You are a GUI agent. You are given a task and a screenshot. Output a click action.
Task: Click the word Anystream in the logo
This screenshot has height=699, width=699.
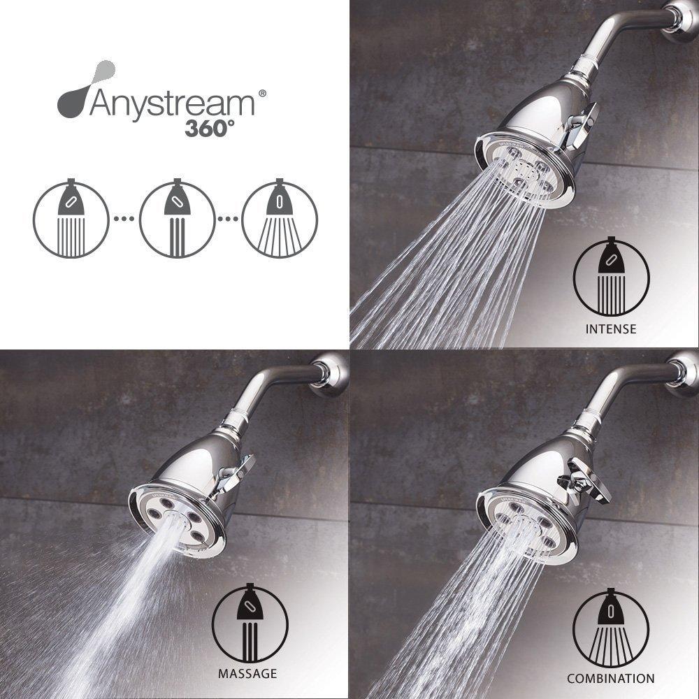click(171, 104)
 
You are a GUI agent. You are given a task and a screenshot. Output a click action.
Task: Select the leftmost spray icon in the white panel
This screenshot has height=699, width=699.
click(71, 220)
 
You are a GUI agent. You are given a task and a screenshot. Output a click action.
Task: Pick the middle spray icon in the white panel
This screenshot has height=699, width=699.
click(177, 220)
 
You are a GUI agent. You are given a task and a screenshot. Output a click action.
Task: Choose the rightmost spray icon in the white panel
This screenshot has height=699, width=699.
click(280, 220)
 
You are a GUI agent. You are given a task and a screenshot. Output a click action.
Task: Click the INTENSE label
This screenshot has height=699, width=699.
click(612, 329)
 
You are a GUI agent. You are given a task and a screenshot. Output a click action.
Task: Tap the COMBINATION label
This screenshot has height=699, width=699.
click(611, 678)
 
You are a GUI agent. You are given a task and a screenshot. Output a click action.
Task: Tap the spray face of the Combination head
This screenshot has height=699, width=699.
click(524, 524)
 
